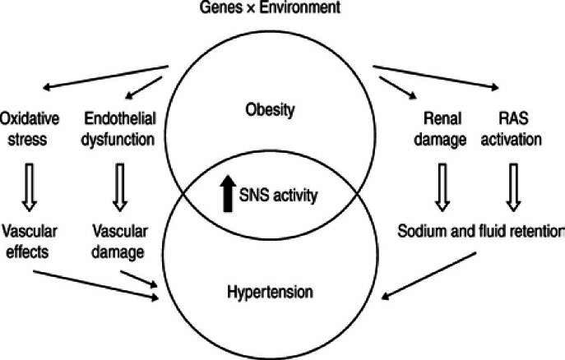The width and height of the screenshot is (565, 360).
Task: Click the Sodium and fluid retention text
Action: pyautogui.click(x=480, y=230)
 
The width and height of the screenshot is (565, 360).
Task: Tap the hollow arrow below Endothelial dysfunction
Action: pyautogui.click(x=119, y=185)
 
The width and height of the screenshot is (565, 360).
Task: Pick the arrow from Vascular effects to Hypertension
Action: pyautogui.click(x=90, y=281)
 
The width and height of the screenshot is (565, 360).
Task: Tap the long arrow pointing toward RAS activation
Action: pyautogui.click(x=437, y=75)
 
